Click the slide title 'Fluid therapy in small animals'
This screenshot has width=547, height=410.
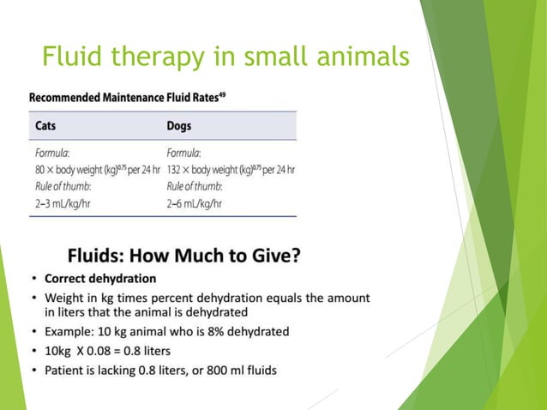pyautogui.click(x=225, y=57)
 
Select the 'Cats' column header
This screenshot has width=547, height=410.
pyautogui.click(x=47, y=125)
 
